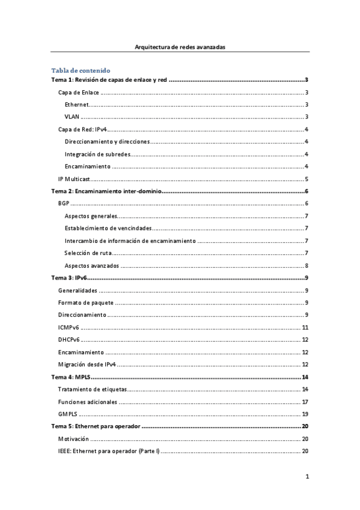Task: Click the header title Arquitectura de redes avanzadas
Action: click(180, 46)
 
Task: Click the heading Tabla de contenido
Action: click(81, 70)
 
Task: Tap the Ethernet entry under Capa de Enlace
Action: click(76, 105)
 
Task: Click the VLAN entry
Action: click(72, 117)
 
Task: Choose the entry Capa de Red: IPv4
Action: click(82, 129)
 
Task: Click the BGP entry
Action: click(64, 203)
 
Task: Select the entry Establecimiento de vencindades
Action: click(108, 228)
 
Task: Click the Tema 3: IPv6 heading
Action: click(70, 277)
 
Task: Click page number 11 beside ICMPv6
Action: click(305, 327)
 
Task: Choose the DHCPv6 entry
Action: click(69, 339)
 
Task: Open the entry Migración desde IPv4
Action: click(87, 364)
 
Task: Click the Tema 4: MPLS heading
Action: click(71, 376)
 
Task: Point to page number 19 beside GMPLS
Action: click(305, 414)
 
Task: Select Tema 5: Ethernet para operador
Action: click(96, 426)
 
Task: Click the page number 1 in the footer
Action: click(307, 477)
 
